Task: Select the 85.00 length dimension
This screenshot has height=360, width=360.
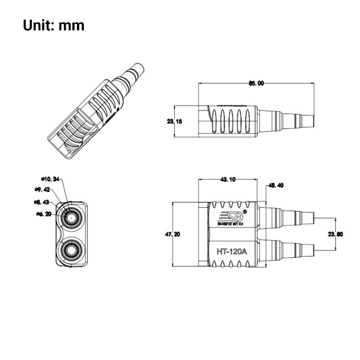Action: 256,83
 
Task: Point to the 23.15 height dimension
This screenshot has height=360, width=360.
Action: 174,121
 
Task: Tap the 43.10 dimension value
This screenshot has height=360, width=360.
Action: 228,180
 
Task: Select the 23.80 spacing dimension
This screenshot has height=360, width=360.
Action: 336,234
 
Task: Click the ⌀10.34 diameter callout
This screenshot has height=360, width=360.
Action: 50,179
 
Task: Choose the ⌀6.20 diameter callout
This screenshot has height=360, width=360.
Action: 44,214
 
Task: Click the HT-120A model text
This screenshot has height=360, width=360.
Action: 231,252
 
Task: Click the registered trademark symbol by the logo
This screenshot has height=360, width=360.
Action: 245,212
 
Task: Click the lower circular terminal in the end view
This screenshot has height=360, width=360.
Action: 71,249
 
